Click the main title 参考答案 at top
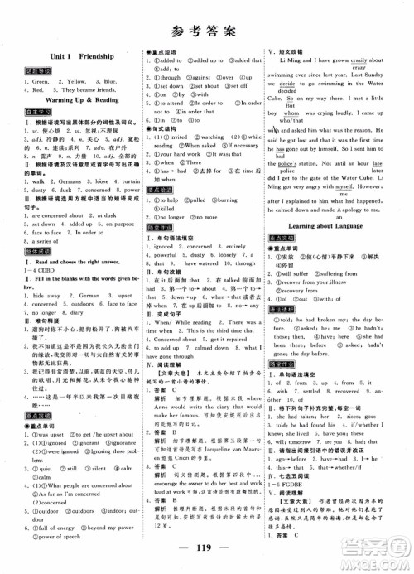[x=207, y=32]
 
